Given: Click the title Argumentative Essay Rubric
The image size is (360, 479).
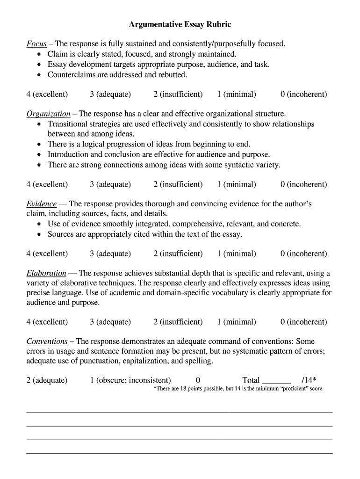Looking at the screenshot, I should (180, 24).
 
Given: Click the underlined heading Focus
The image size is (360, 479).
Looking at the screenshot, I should (36, 44).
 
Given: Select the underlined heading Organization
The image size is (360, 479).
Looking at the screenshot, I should (48, 114).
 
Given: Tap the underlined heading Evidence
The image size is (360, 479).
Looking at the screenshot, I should (42, 204).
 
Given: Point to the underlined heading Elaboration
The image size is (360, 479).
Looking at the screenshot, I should (46, 273).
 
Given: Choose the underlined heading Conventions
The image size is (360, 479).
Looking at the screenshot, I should (47, 341).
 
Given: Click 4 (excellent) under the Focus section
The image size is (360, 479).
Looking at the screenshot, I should (47, 94).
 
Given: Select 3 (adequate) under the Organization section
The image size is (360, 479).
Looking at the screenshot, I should (110, 184).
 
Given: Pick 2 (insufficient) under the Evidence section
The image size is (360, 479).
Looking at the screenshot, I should (178, 254).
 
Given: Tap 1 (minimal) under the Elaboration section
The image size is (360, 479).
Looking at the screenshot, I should (236, 322).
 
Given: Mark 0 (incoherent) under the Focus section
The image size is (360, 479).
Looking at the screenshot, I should (303, 94).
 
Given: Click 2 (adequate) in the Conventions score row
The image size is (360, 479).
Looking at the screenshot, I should (47, 380).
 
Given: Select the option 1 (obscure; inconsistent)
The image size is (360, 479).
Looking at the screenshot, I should (130, 380).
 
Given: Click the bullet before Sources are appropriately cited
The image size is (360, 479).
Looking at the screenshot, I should (39, 234).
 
